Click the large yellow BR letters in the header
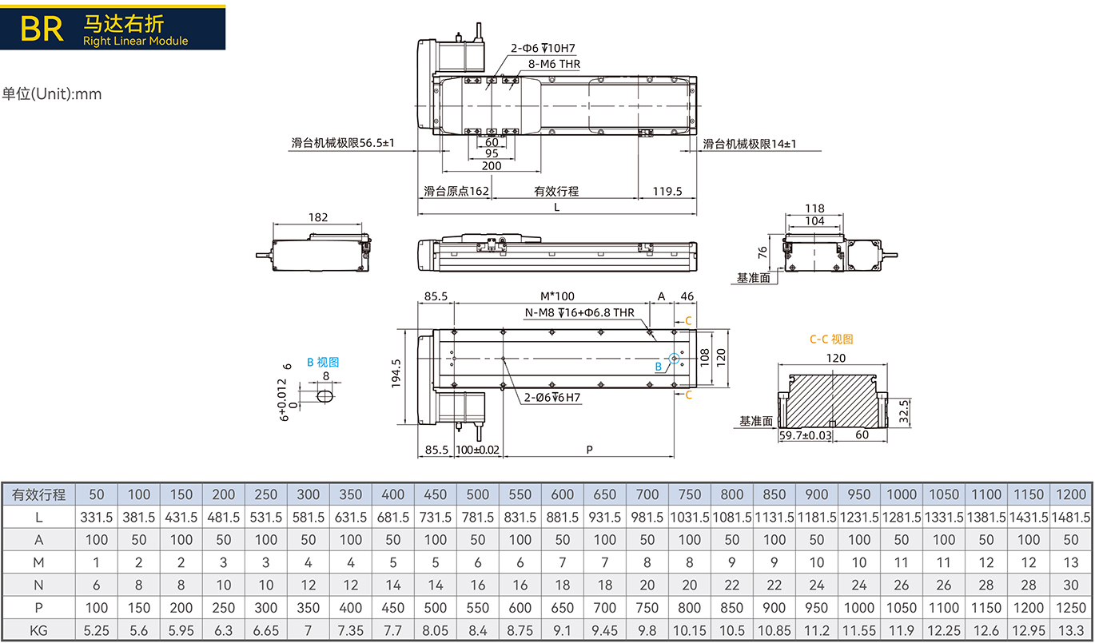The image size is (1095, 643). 42,29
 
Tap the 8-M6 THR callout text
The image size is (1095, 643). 554,64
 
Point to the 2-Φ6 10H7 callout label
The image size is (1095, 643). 543,48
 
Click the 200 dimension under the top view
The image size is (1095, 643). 492,165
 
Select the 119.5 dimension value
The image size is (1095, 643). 667,191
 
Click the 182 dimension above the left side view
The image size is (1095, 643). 318,217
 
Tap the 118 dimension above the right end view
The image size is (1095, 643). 814,208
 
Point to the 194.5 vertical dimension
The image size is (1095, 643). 396,374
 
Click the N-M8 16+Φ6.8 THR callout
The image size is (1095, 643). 579,312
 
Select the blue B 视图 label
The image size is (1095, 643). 323,362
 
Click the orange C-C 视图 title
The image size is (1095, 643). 831,339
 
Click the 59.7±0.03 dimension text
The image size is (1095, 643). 805,435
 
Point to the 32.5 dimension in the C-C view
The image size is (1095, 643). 903,411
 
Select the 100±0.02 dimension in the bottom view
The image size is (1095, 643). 478,450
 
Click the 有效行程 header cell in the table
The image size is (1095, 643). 38,494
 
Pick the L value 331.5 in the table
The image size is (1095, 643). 96,517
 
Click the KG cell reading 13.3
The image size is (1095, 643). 1070,631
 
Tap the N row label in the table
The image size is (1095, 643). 38,585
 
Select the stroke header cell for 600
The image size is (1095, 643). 562,494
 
